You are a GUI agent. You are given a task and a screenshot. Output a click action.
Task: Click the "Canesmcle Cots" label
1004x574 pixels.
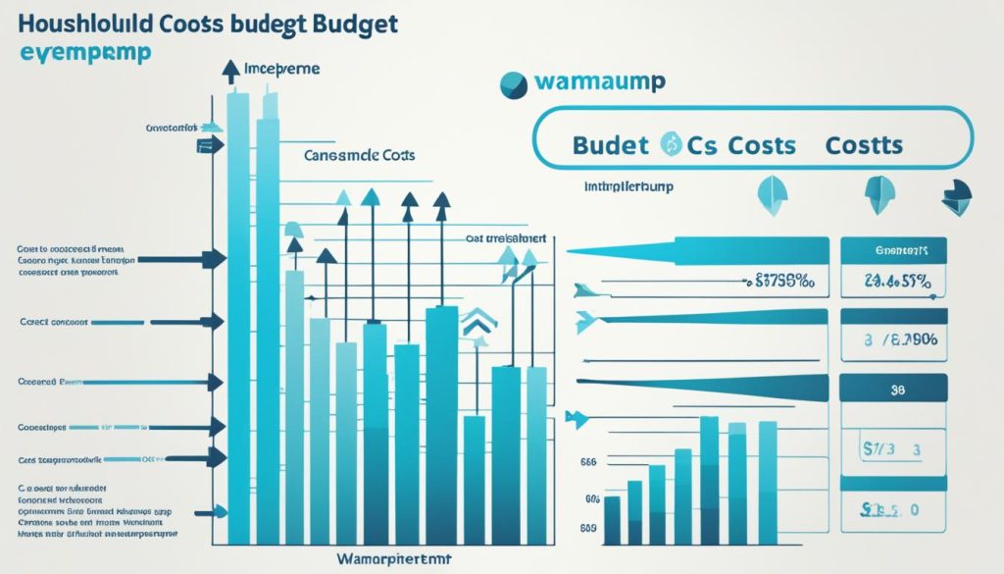360,155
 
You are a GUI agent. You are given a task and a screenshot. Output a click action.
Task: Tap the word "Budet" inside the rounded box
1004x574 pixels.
609,146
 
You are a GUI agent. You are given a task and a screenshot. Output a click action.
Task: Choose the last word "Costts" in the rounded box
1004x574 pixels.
863,146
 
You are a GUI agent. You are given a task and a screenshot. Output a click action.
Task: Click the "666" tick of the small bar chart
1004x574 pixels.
589,459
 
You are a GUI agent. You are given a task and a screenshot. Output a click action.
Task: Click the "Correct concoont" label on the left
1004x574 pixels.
54,321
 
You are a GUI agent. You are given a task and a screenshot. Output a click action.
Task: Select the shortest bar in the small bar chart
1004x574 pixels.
613,519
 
